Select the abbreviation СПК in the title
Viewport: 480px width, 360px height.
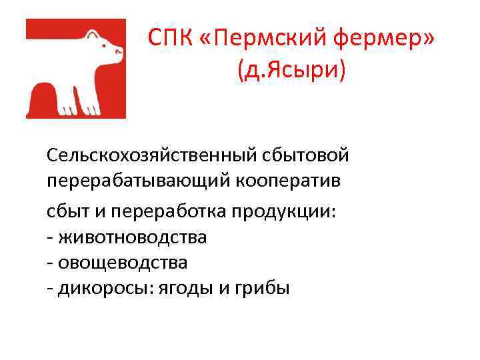point(171,38)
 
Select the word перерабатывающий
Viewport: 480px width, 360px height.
point(136,181)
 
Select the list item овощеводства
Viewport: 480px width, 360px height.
point(123,263)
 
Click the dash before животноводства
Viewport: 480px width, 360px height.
point(50,237)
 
